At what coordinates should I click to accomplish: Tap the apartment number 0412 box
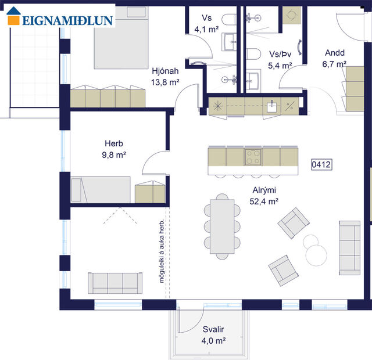pyautogui.click(x=321, y=165)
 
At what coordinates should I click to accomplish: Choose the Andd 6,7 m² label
pyautogui.click(x=335, y=57)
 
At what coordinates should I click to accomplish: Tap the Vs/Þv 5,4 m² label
pyautogui.click(x=280, y=60)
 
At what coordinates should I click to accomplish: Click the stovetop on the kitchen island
pyautogui.click(x=253, y=156)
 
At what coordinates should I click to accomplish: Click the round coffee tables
pyautogui.click(x=312, y=247)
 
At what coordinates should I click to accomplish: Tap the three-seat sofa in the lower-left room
pyautogui.click(x=115, y=283)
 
